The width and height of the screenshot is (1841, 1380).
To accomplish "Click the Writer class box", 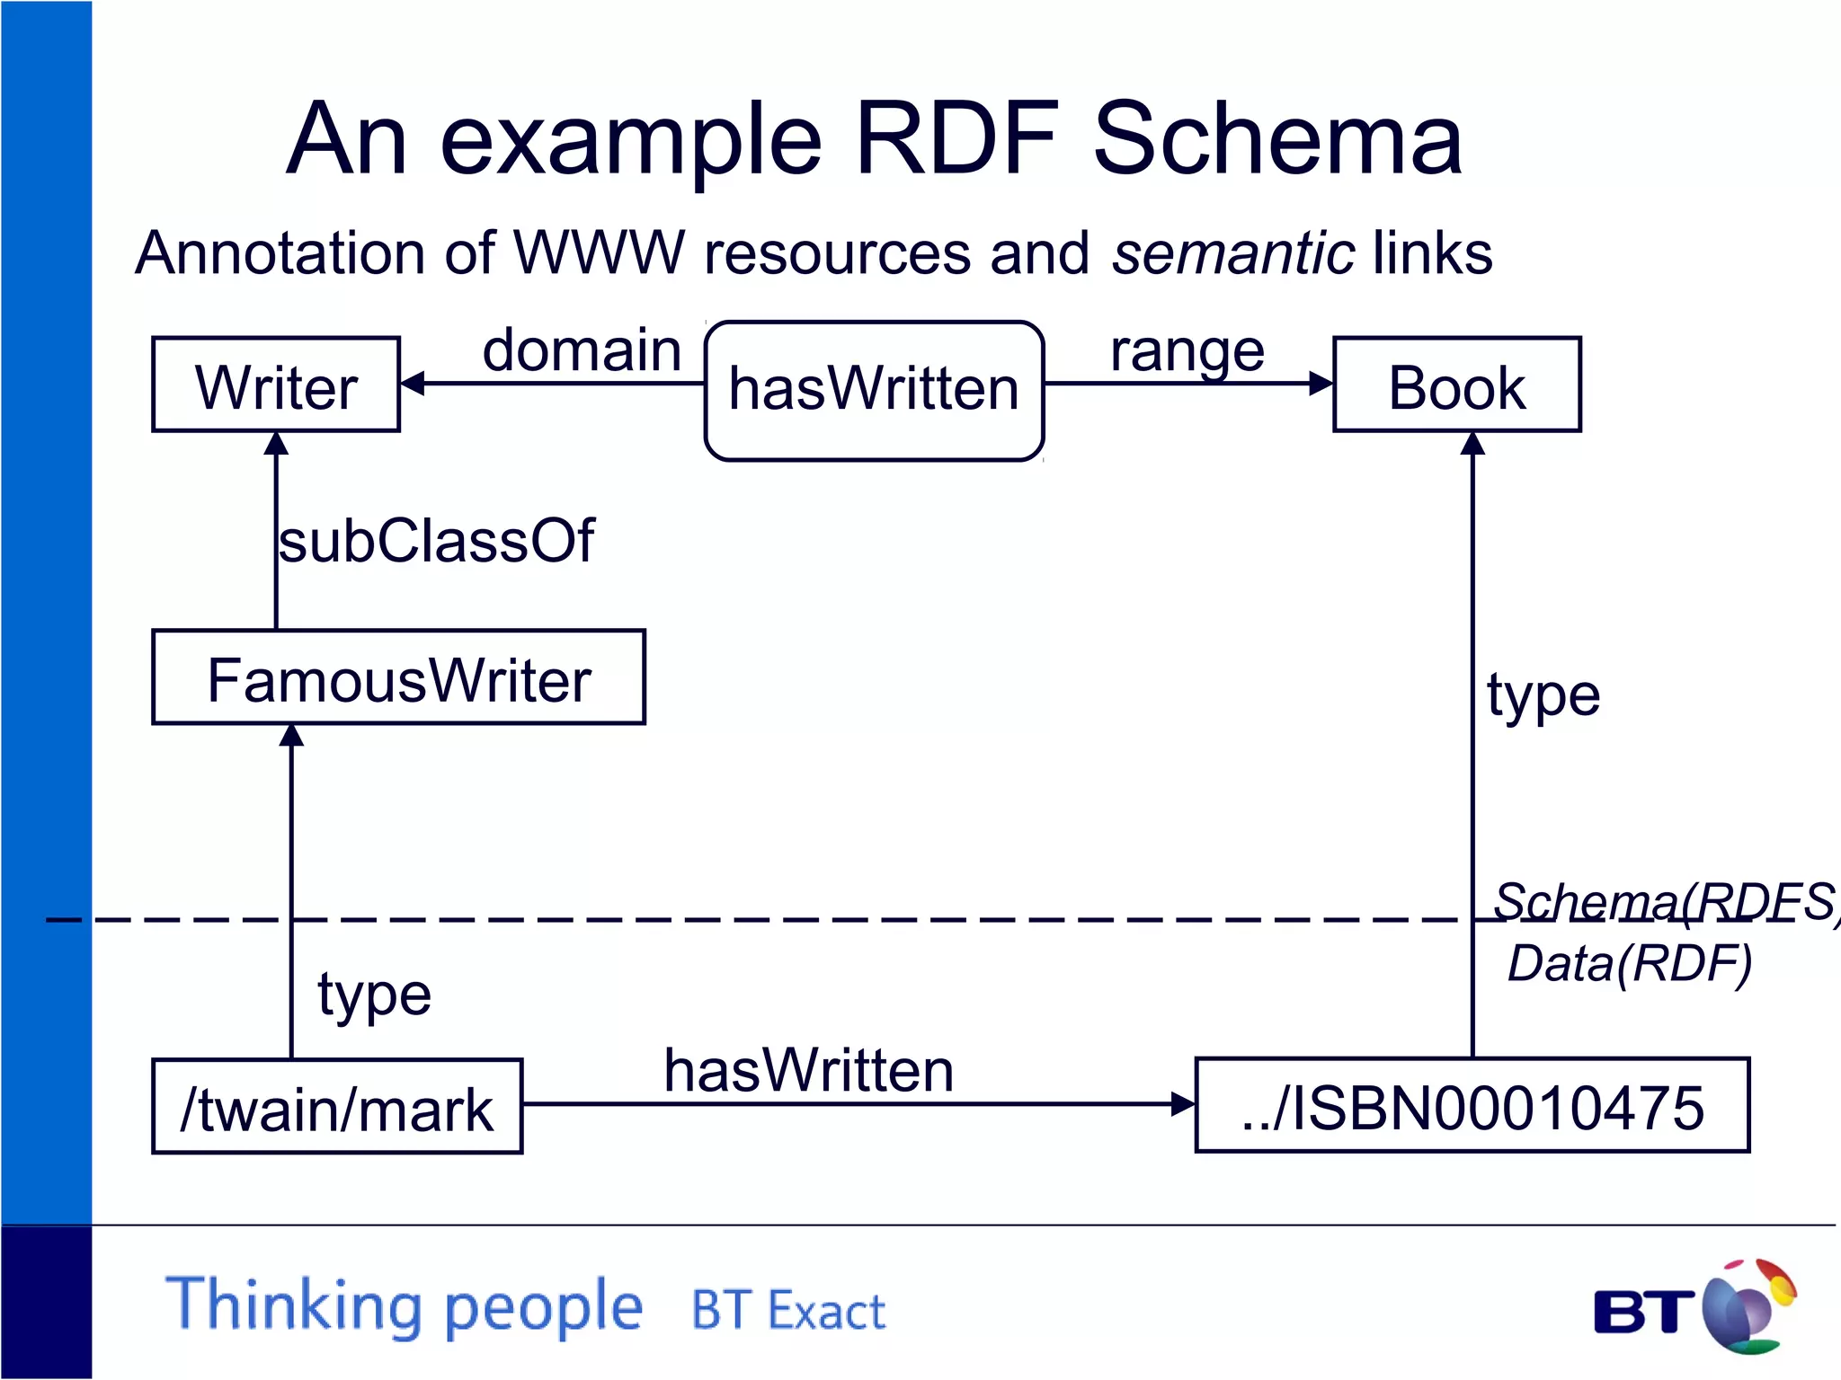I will tap(276, 385).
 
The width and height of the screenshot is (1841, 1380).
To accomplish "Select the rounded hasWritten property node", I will tap(874, 391).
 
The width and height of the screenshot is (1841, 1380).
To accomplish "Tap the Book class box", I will tap(1456, 385).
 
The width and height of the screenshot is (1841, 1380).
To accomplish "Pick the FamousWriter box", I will tap(398, 678).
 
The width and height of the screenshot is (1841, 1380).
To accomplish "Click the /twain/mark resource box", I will tap(337, 1107).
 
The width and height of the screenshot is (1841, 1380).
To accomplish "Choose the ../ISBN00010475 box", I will tap(1472, 1106).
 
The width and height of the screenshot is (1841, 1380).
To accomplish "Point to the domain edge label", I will tap(582, 349).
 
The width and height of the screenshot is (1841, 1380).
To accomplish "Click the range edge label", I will tap(1187, 350).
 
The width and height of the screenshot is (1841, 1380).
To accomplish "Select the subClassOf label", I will tap(437, 541).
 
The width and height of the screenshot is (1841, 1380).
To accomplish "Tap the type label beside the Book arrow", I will tap(1543, 694).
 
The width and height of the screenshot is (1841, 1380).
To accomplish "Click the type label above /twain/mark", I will tap(374, 995).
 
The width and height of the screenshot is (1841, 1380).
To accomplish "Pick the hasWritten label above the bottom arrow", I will tap(808, 1070).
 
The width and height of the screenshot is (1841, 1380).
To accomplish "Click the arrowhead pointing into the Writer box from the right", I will tap(413, 384).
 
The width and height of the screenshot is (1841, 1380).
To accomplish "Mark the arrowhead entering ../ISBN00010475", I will tap(1183, 1104).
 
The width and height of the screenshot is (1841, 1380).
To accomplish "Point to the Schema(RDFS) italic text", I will tap(1663, 901).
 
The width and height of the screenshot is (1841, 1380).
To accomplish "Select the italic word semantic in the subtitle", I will tap(1232, 252).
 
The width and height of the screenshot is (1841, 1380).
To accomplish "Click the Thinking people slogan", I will tap(404, 1305).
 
